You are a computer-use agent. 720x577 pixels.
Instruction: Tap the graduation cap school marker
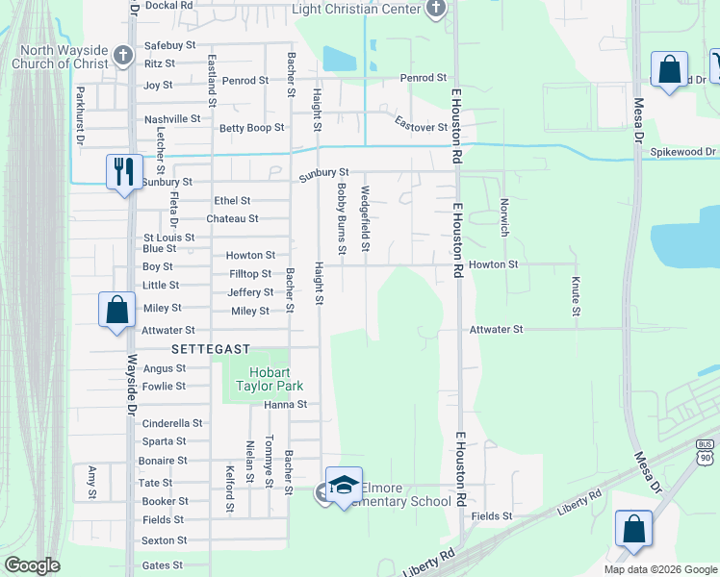344,485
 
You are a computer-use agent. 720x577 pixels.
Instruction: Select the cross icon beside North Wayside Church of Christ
122,55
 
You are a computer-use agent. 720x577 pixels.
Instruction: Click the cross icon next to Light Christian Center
436,9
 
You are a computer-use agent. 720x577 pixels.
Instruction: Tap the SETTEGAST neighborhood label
211,348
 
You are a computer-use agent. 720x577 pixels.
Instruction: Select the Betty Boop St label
252,127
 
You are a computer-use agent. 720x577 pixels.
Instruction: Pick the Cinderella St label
172,423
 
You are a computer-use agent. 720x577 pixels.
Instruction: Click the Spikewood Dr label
682,152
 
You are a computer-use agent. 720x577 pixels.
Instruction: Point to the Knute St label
576,297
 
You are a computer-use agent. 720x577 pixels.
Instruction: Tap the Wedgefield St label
365,219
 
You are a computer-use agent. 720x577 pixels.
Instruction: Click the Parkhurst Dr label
80,116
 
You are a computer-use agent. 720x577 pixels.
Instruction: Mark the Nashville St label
171,119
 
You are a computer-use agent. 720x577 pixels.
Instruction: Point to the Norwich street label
502,217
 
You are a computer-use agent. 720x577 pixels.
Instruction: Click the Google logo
32,565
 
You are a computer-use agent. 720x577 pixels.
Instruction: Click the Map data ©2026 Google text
659,569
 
